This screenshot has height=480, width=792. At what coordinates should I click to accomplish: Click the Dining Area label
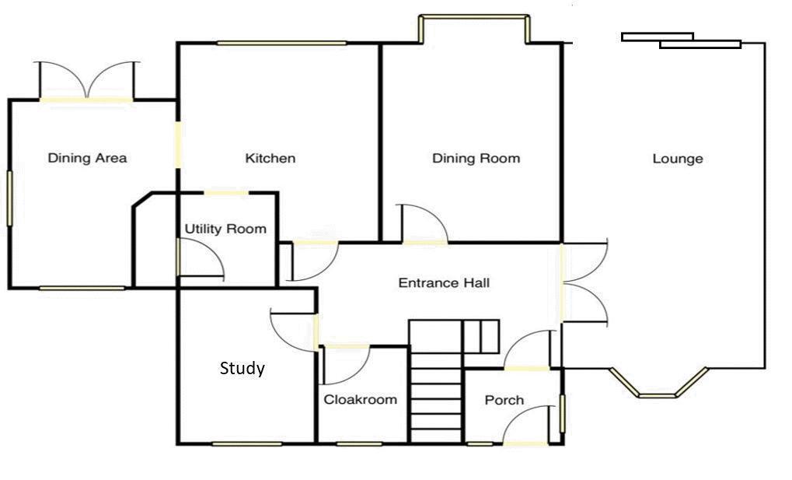tap(87, 158)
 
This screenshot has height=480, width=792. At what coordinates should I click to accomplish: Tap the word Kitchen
tap(270, 158)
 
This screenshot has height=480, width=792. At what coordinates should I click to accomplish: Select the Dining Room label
tap(476, 158)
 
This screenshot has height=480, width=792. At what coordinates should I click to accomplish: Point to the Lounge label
tap(678, 159)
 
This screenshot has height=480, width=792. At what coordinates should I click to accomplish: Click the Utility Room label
tap(225, 229)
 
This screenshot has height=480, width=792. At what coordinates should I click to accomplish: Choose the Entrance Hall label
tap(444, 282)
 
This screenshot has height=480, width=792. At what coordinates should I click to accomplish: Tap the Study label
tap(242, 368)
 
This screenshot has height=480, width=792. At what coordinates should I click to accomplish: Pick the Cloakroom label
tap(360, 400)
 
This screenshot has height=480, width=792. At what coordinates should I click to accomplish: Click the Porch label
tap(504, 400)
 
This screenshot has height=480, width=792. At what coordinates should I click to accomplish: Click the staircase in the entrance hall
tap(436, 381)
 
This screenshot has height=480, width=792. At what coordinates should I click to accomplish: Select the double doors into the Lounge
tap(584, 282)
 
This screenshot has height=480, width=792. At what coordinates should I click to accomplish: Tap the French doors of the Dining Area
tap(87, 81)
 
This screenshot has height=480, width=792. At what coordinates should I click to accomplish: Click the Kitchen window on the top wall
tap(282, 43)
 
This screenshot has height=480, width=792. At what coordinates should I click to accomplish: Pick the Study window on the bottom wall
tap(247, 444)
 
